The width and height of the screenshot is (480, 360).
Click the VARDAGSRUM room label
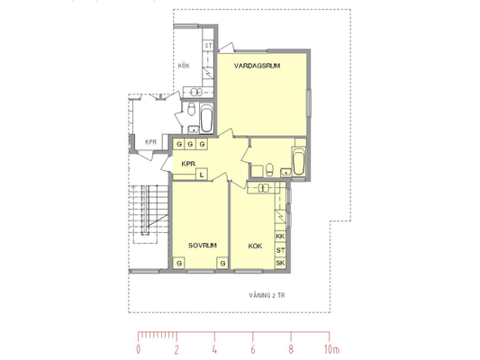[257, 66]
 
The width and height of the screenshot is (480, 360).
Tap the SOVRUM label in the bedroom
[203, 246]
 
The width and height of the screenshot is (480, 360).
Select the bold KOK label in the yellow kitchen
[255, 246]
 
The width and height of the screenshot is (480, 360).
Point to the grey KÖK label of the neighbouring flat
[184, 66]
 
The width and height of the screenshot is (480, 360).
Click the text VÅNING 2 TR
[267, 295]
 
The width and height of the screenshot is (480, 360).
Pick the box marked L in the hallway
[201, 175]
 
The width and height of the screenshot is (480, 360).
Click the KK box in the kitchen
[280, 236]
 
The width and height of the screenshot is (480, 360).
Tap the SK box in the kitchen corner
[280, 263]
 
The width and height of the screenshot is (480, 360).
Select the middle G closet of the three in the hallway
[190, 144]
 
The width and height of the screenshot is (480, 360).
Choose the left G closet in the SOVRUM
[179, 263]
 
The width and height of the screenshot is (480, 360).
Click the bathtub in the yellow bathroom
[298, 161]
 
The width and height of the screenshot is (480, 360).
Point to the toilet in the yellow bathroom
[269, 169]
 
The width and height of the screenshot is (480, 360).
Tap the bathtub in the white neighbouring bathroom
[206, 119]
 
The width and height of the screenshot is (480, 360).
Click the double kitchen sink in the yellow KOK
[263, 188]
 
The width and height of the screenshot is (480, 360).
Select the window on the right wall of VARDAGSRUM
[309, 103]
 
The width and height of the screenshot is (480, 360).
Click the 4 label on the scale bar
[214, 349]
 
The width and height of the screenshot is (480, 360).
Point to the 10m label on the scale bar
[331, 349]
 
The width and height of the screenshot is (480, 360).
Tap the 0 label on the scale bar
[139, 349]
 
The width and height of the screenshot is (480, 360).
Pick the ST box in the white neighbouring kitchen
[208, 46]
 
